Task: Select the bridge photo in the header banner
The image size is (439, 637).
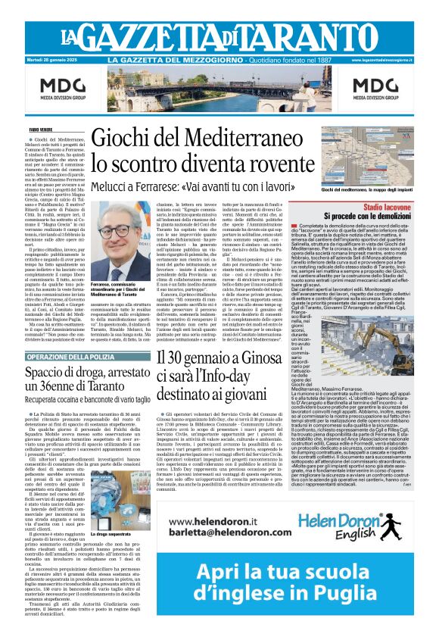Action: [219, 88]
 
